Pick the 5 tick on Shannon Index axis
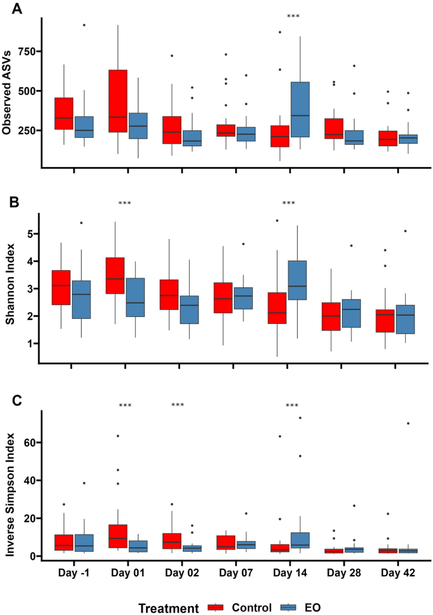(x=29, y=234)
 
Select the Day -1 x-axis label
(x=75, y=573)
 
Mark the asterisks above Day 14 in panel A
(x=293, y=16)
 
